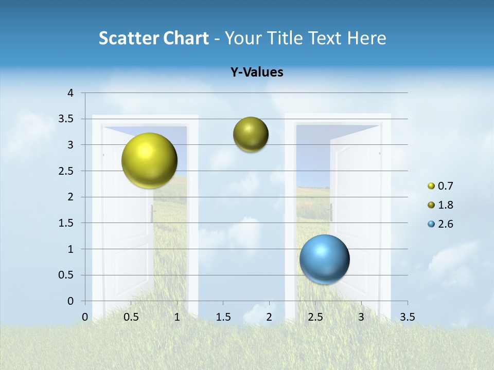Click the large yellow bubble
click(149, 160)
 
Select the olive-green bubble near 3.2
click(251, 135)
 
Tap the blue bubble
click(324, 259)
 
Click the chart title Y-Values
click(257, 72)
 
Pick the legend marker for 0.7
click(431, 186)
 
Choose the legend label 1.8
click(446, 205)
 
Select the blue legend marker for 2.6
click(431, 224)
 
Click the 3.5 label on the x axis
click(407, 317)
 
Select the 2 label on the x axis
click(269, 317)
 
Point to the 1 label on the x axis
click(177, 317)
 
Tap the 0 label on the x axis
click(85, 317)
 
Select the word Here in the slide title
click(366, 38)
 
